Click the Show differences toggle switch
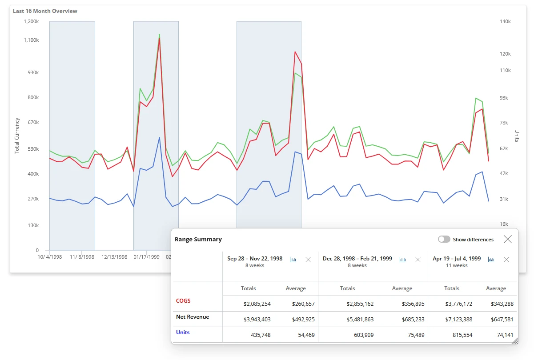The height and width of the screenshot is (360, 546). pos(444,239)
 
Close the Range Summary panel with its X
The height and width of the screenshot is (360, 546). pos(507,239)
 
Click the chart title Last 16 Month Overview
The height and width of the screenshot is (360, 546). pos(45,11)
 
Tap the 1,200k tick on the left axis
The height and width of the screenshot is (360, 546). pos(31,21)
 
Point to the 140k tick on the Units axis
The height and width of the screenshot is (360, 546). pos(505,21)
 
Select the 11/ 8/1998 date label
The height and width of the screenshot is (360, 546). pos(82,257)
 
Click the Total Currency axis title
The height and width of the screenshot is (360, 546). pos(16,136)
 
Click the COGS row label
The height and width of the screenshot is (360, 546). pos(183,301)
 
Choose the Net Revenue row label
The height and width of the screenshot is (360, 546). pos(193,316)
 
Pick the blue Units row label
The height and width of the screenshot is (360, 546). pos(183,332)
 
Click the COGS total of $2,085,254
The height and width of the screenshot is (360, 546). pos(257,304)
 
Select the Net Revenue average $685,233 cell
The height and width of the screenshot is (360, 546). pos(413,319)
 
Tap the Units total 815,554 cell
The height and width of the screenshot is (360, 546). pos(462,335)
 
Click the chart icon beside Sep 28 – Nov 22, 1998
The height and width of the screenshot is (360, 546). pos(293,260)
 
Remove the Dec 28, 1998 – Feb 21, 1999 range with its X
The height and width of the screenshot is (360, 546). pos(418,260)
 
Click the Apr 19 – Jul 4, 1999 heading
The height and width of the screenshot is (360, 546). pos(457,258)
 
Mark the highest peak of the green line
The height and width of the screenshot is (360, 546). pos(160,34)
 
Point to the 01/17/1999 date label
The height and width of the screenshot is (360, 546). pos(146,257)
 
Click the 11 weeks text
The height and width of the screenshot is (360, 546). pos(457,265)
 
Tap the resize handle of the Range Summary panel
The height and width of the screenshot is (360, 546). pos(515,341)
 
